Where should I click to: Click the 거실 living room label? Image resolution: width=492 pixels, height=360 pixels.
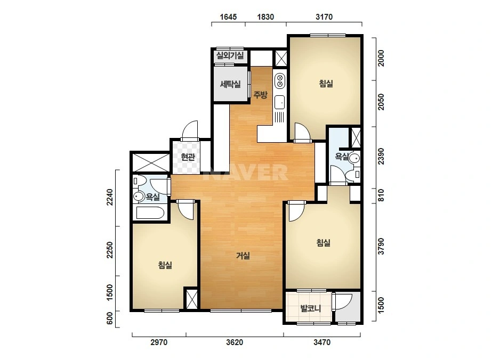click(x=243, y=256)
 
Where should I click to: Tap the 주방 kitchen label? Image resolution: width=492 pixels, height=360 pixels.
click(x=261, y=94)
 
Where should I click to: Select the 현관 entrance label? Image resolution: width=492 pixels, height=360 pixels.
click(x=188, y=157)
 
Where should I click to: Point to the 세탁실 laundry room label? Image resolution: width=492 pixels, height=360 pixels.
click(x=230, y=84)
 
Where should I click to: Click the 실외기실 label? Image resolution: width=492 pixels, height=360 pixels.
click(x=230, y=56)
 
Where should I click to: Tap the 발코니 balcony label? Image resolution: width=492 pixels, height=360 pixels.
click(x=311, y=308)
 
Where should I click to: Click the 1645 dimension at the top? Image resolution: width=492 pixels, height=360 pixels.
click(x=228, y=17)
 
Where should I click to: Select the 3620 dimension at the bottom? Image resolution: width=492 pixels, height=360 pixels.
click(x=235, y=342)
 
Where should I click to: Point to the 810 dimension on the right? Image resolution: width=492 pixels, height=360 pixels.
click(x=381, y=195)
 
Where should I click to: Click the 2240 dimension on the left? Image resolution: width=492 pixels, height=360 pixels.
click(x=109, y=197)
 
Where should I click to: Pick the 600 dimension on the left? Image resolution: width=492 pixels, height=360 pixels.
click(x=109, y=318)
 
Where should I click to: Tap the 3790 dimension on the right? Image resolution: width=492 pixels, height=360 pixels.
click(x=381, y=247)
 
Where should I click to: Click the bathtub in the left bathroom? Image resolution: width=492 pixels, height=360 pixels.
click(x=150, y=212)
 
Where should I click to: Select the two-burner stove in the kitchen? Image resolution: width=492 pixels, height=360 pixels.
click(x=279, y=80)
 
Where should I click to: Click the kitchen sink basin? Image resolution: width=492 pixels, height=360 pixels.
click(x=279, y=102)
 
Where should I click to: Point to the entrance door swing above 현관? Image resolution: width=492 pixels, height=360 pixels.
click(x=190, y=130)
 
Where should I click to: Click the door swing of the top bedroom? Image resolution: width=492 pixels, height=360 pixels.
click(x=302, y=132)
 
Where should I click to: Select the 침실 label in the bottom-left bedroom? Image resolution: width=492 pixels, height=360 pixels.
click(x=165, y=265)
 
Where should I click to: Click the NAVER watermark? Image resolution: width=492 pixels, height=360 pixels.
click(x=245, y=172)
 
